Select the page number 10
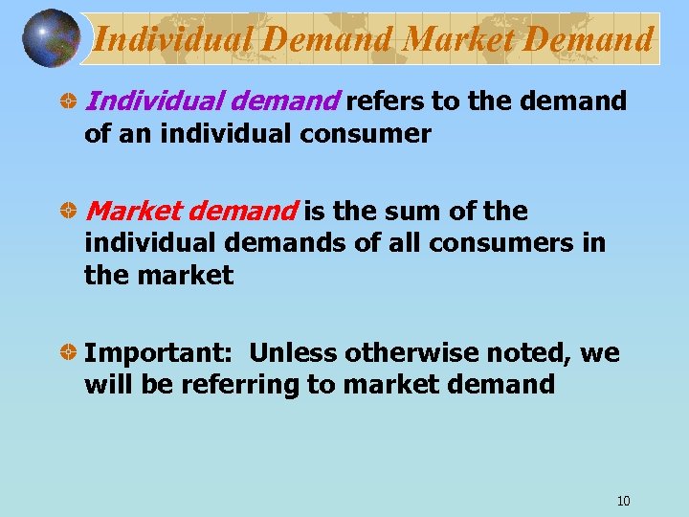[x=624, y=501]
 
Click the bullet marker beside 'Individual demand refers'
[x=69, y=101]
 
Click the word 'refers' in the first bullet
[x=381, y=101]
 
